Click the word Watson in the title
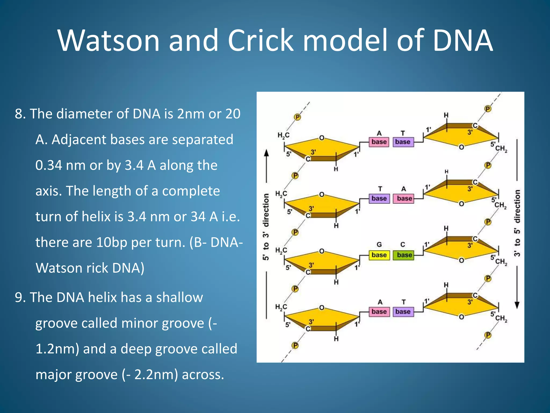109,41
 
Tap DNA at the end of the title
463,41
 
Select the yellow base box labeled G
379,255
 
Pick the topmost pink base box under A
379,142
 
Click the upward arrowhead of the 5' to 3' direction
266,153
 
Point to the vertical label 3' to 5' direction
517,223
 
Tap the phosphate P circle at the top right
488,109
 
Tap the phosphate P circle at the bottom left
295,345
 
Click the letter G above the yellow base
379,244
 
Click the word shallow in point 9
179,298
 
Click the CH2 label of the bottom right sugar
501,318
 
